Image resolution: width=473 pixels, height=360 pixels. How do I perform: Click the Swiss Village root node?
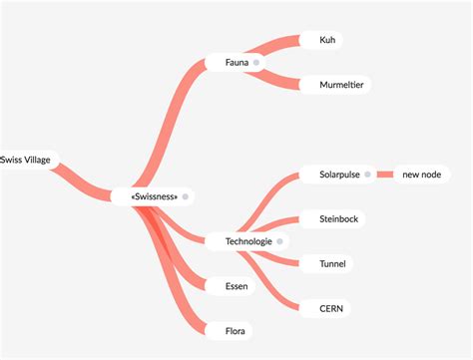coord(27,160)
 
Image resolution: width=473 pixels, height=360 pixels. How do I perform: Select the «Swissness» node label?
coord(155,196)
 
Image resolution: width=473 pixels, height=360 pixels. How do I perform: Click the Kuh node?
coord(327,41)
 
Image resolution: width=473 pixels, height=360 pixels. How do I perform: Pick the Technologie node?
coord(248,241)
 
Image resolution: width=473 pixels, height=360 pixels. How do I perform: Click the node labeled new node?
coord(422,176)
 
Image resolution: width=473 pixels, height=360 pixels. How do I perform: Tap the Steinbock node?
coord(338,218)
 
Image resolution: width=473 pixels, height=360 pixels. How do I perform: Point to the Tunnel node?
coord(332,264)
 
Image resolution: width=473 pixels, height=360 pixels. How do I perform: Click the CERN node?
coord(330,308)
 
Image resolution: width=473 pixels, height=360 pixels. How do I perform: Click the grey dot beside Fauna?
coord(256,63)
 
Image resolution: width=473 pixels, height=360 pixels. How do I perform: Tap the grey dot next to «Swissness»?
coord(186,196)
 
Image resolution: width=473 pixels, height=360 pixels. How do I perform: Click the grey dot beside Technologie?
coord(280,241)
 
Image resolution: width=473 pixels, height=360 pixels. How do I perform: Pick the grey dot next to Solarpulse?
coord(368,176)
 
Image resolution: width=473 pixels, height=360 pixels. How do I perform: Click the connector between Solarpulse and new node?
coord(385,176)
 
